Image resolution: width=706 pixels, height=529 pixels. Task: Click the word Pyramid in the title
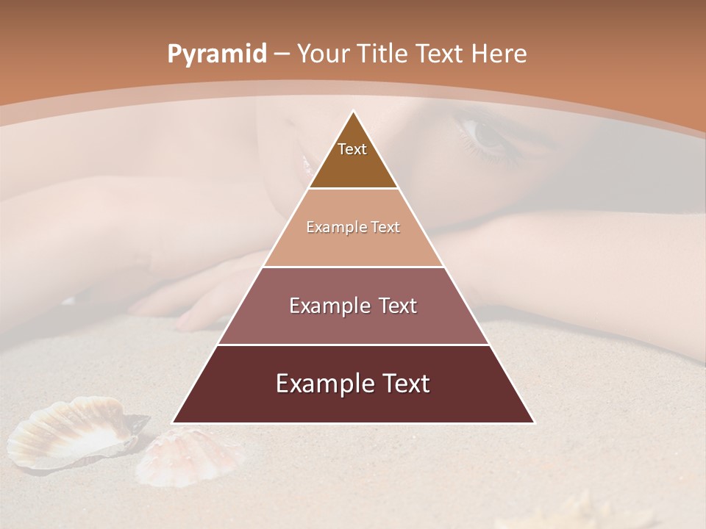(x=216, y=54)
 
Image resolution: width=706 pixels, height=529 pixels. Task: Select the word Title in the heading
(x=384, y=54)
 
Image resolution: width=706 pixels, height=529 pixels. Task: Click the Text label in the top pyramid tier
(x=352, y=149)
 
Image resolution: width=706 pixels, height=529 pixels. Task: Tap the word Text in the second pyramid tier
(x=384, y=228)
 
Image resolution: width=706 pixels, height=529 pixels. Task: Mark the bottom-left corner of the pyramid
(x=173, y=422)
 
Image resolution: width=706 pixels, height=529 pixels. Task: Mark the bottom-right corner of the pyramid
(x=534, y=422)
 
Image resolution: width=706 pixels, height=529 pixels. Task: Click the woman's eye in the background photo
(x=486, y=134)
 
